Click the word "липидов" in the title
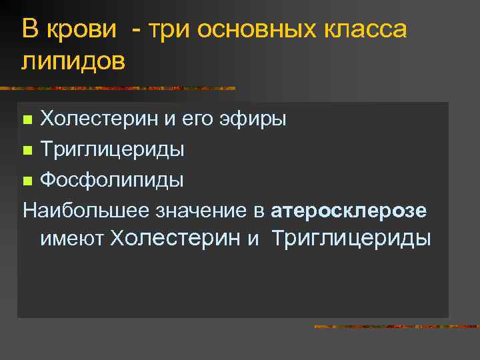[73, 61]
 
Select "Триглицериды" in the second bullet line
[112, 150]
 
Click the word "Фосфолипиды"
[111, 180]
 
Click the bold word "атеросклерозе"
[349, 211]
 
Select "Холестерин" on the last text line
[176, 238]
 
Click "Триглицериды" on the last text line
[351, 238]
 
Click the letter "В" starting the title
[29, 29]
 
